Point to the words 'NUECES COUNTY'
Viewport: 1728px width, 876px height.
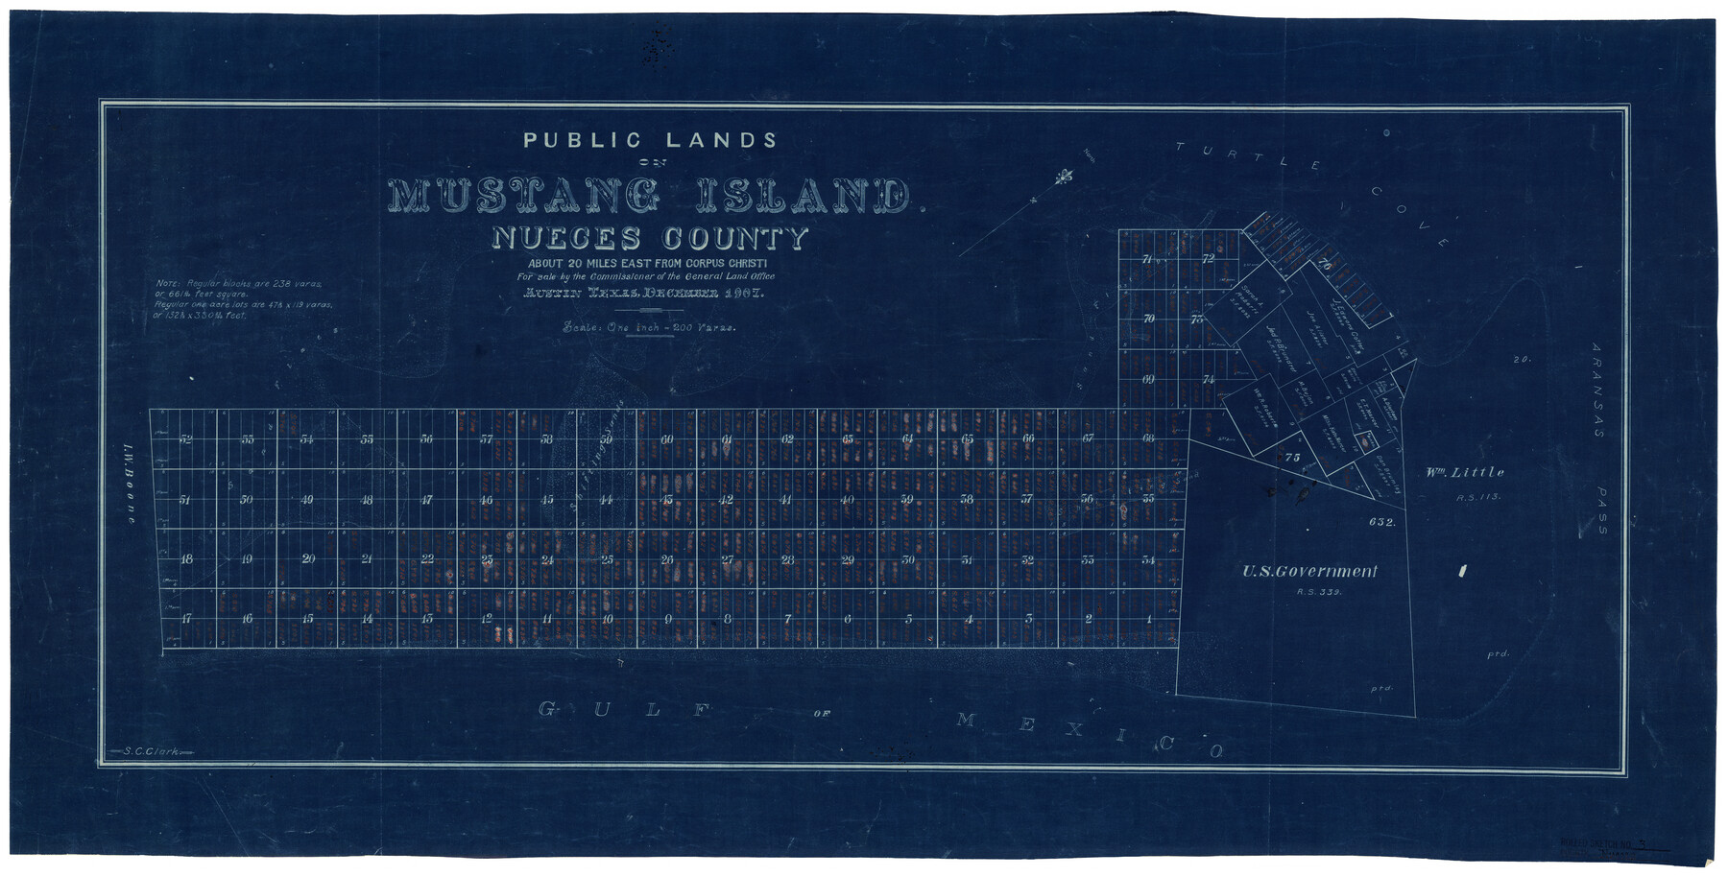tap(650, 239)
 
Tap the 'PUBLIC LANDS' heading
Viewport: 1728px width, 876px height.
tap(650, 140)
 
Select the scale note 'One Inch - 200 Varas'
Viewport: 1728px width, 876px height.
tap(649, 327)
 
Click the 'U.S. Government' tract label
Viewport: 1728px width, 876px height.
tap(1309, 572)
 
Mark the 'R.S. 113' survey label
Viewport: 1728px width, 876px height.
tap(1476, 497)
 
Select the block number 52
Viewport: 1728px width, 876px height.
tap(185, 439)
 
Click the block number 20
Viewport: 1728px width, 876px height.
tap(307, 558)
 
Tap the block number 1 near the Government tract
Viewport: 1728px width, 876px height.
tap(1148, 619)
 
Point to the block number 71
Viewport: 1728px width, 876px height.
tap(1147, 260)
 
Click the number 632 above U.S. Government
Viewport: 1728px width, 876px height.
tap(1382, 522)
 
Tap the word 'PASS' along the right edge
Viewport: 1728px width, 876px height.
tap(1600, 510)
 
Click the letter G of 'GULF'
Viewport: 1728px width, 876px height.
tap(547, 709)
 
